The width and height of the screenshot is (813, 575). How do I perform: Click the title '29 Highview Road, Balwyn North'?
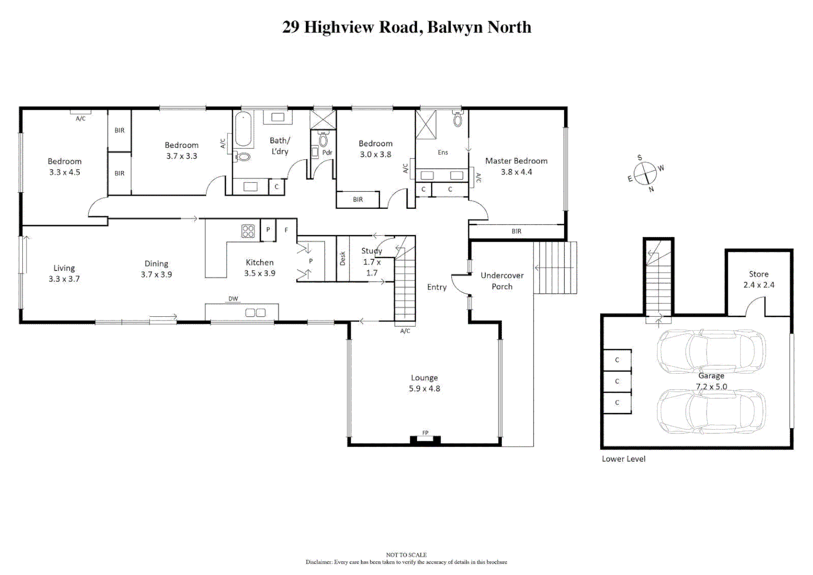[x=407, y=27]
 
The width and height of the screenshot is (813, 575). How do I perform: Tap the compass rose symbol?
[x=645, y=174]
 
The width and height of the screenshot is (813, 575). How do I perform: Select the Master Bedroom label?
[x=516, y=161]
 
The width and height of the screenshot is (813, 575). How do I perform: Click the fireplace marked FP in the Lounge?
[x=425, y=439]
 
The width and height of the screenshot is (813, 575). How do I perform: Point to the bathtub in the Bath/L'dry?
[x=243, y=129]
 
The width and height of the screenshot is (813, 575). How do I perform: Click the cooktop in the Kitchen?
[x=248, y=231]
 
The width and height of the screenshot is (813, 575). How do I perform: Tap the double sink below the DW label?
[x=255, y=313]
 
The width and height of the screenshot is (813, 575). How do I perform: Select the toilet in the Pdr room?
[x=323, y=139]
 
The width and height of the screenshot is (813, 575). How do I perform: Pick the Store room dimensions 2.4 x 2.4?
[x=759, y=285]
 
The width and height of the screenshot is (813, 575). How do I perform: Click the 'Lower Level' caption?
[x=624, y=459]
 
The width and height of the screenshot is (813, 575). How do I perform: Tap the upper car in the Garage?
[x=711, y=351]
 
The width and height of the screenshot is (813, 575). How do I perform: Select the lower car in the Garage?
[x=711, y=412]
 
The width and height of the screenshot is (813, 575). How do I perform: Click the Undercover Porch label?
[x=502, y=281]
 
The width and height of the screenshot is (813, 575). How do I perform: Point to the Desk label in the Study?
[x=343, y=258]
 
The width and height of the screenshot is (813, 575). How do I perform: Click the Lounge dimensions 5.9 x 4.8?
[x=424, y=389]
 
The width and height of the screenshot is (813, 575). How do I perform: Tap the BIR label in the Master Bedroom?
[x=516, y=232]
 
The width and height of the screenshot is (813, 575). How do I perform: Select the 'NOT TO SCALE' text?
[x=407, y=555]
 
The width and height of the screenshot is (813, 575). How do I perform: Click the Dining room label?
[x=156, y=264]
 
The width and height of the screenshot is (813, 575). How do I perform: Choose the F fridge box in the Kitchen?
[x=286, y=230]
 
